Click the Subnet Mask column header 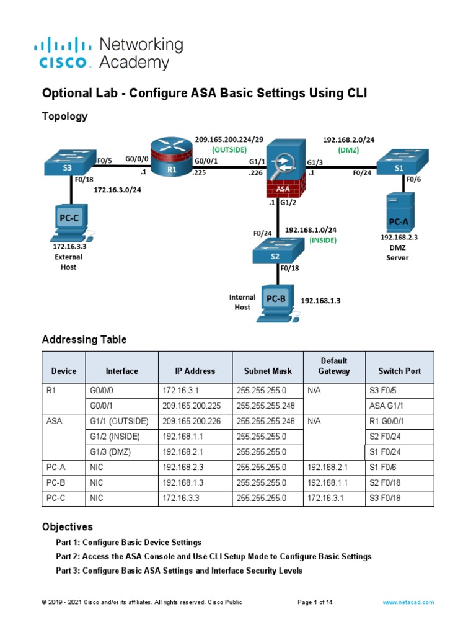[267, 371]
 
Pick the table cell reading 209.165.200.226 [192, 421]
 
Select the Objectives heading [67, 526]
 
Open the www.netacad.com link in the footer [408, 602]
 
